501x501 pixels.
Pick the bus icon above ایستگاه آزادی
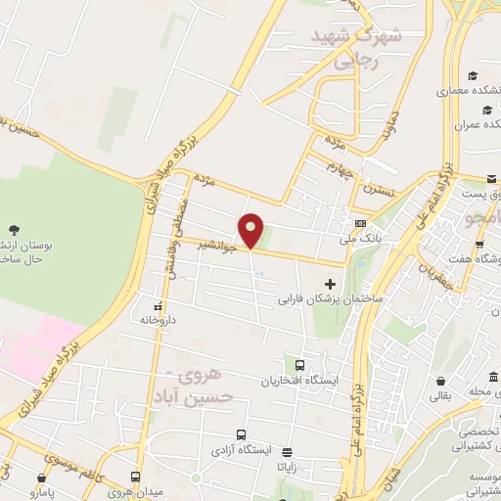pyautogui.click(x=241, y=434)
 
